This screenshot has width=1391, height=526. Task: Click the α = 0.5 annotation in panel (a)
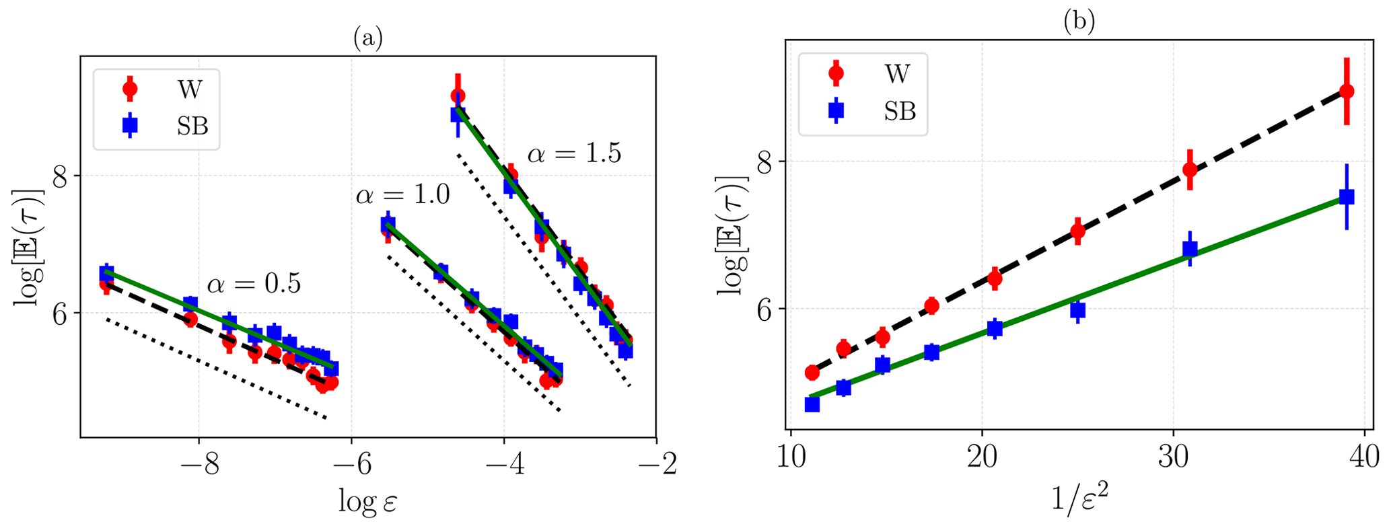pyautogui.click(x=254, y=284)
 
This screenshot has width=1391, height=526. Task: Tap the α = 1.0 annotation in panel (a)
pyautogui.click(x=402, y=195)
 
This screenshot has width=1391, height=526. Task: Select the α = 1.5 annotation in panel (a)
pyautogui.click(x=574, y=154)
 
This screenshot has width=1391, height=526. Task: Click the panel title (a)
pyautogui.click(x=368, y=39)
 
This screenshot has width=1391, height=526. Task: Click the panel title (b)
pyautogui.click(x=1079, y=22)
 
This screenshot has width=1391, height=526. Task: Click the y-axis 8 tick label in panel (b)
pyautogui.click(x=765, y=161)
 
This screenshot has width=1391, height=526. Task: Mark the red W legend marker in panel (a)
pyautogui.click(x=130, y=88)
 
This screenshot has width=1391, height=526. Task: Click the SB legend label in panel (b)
pyautogui.click(x=900, y=111)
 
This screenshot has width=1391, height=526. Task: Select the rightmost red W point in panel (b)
pyautogui.click(x=1347, y=91)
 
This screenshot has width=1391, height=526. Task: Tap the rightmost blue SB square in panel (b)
pyautogui.click(x=1347, y=197)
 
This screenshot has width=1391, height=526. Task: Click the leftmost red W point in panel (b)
pyautogui.click(x=812, y=373)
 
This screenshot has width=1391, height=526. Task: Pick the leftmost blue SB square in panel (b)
pyautogui.click(x=812, y=404)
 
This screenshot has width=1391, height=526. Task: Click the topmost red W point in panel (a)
pyautogui.click(x=458, y=96)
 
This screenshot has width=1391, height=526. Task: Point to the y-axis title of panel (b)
pyautogui.click(x=733, y=235)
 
